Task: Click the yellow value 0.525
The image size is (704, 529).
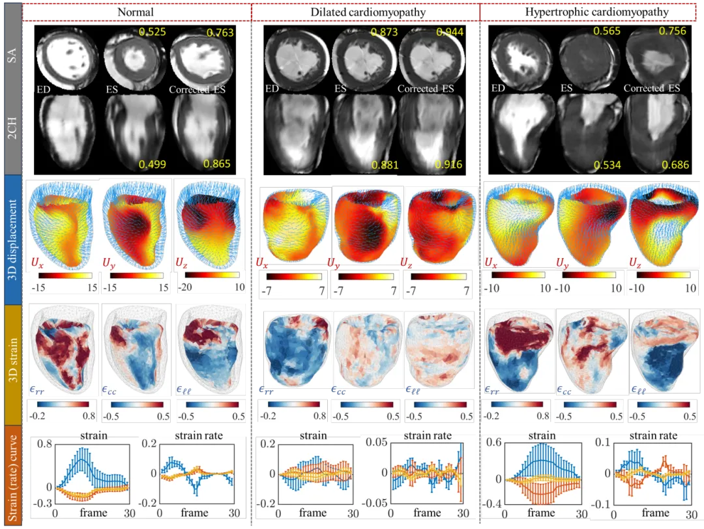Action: pos(153,31)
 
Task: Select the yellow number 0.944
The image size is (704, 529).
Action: pos(452,31)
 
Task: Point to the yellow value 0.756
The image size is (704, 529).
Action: pos(671,31)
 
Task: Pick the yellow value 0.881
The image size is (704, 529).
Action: pos(385,165)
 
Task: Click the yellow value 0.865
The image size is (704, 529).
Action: pos(218,165)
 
